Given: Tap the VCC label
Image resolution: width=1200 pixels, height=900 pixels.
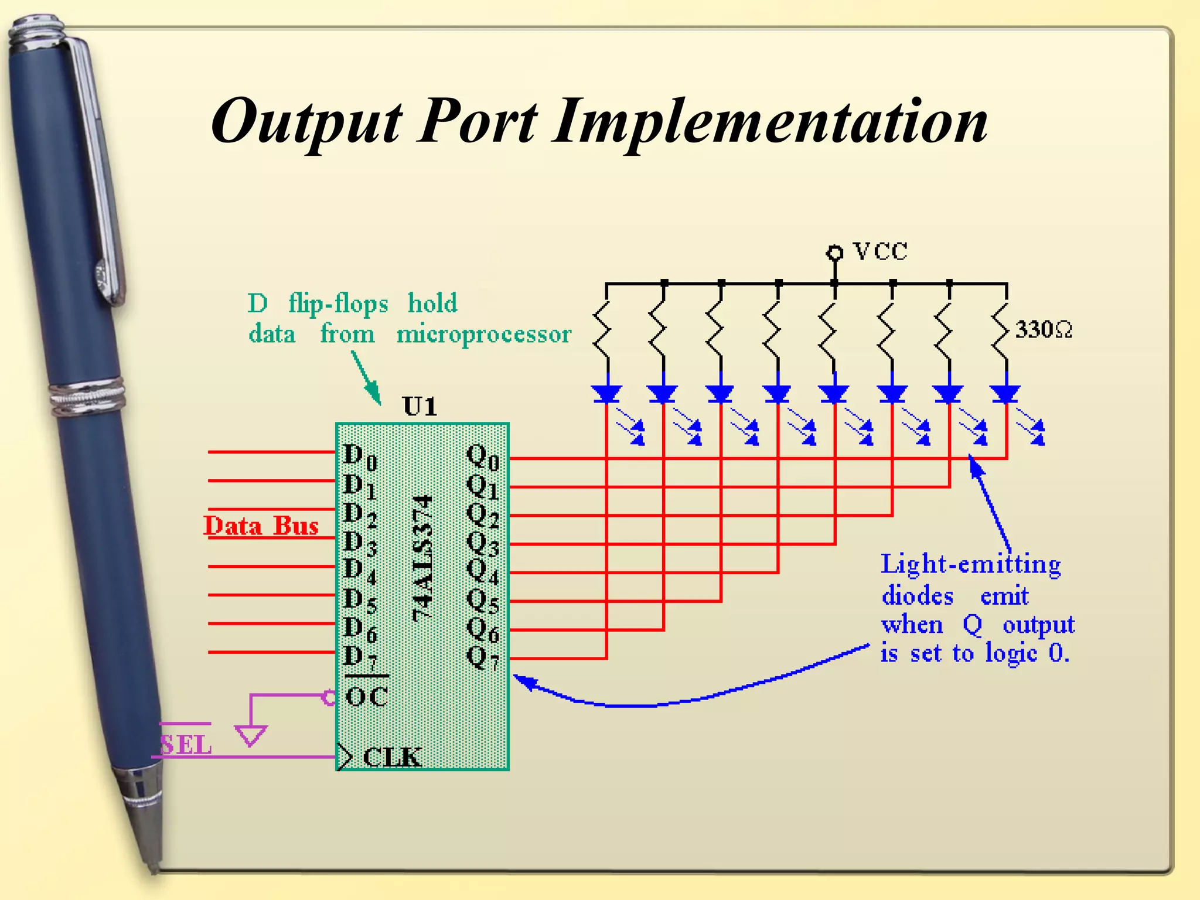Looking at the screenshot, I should pyautogui.click(x=880, y=251).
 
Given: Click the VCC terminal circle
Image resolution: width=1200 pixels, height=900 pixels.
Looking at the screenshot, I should pyautogui.click(x=834, y=253).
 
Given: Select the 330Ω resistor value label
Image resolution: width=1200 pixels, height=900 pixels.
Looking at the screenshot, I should pyautogui.click(x=1044, y=329).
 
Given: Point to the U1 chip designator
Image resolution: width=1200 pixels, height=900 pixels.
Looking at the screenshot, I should pyautogui.click(x=420, y=406).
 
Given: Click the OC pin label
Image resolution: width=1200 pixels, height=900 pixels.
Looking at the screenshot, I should pyautogui.click(x=367, y=697).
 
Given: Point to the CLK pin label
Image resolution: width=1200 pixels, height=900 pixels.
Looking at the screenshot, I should pyautogui.click(x=392, y=757).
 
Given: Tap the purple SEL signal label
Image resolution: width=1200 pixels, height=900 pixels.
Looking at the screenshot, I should pyautogui.click(x=186, y=745).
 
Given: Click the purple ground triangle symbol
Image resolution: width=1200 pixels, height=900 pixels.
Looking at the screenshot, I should pyautogui.click(x=251, y=735).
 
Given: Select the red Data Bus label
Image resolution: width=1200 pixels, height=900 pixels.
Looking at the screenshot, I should pyautogui.click(x=261, y=526).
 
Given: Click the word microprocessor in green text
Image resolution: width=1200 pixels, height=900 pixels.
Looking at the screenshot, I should pyautogui.click(x=483, y=334).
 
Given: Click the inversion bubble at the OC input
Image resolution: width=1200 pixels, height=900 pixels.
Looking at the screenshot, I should pyautogui.click(x=329, y=697).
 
